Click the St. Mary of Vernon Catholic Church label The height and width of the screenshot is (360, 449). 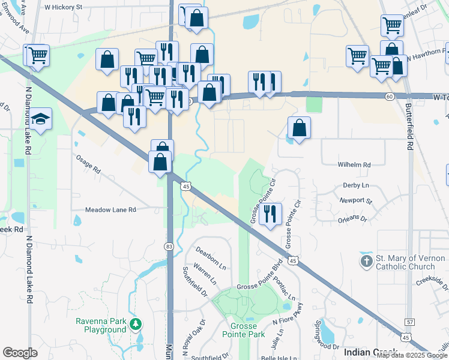click(410, 262)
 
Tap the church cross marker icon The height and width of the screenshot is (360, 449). click(366, 262)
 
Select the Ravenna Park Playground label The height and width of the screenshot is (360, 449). click(101, 325)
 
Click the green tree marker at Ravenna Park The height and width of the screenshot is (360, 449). click(136, 325)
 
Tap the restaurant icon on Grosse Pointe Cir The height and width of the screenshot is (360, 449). click(271, 214)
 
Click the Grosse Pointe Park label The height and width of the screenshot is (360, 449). click(243, 330)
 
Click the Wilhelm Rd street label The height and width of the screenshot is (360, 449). click(354, 164)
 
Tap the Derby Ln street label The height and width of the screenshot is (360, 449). click(356, 186)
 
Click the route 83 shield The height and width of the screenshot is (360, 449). click(170, 247)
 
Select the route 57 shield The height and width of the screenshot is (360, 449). click(410, 323)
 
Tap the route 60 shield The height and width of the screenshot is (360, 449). click(390, 97)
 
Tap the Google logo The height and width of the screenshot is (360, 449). click(20, 353)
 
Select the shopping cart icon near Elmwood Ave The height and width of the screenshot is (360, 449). click(37, 55)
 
